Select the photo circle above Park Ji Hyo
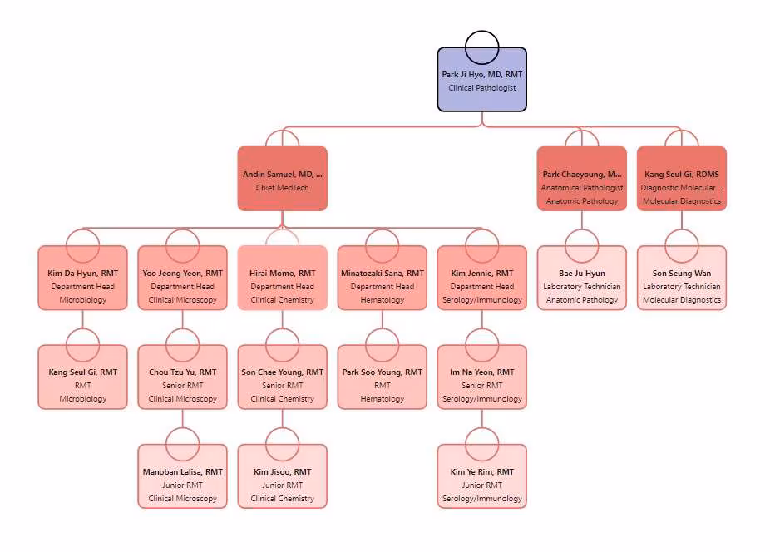click(x=481, y=47)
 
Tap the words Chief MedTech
click(x=282, y=188)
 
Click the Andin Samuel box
click(x=282, y=179)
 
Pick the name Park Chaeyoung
click(x=581, y=175)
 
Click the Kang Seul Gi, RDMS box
click(x=681, y=183)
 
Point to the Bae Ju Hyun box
click(x=581, y=283)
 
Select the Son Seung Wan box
click(x=681, y=283)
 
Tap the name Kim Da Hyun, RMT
click(x=82, y=274)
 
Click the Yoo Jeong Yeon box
click(x=182, y=283)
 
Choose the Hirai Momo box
click(x=282, y=283)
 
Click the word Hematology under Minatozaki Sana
click(x=382, y=300)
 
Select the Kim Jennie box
click(x=481, y=283)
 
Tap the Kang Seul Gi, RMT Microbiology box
click(x=82, y=382)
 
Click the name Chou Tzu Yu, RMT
click(x=182, y=372)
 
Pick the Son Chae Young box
click(x=282, y=382)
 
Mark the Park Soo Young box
click(x=382, y=382)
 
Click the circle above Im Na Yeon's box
click(x=481, y=344)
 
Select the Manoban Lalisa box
click(x=182, y=482)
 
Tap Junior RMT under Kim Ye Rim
click(x=481, y=485)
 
